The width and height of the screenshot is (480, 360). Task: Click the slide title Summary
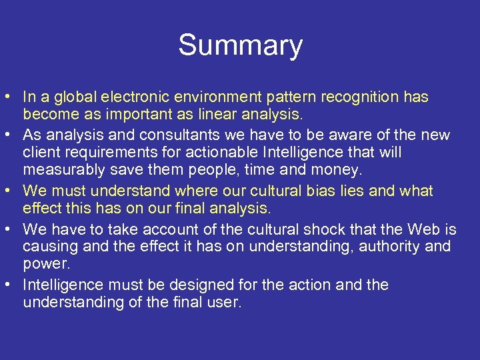click(x=240, y=45)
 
